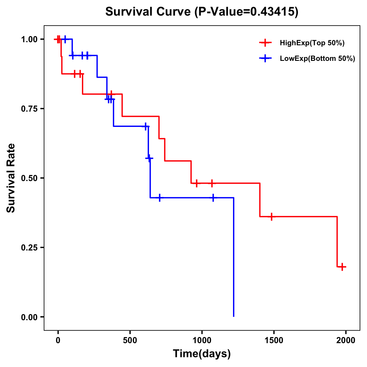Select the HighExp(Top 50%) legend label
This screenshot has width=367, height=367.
click(312, 43)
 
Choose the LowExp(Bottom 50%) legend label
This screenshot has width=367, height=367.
click(317, 59)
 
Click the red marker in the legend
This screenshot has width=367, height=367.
click(265, 43)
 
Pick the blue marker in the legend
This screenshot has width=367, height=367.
click(265, 58)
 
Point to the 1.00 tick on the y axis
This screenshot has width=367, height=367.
click(29, 39)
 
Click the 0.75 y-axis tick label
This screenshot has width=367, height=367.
click(29, 109)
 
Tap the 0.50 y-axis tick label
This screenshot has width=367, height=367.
click(29, 178)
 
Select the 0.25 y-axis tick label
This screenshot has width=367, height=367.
click(29, 248)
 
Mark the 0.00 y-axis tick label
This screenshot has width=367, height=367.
click(29, 317)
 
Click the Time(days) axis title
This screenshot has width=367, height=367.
click(202, 354)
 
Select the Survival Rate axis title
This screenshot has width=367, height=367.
click(11, 178)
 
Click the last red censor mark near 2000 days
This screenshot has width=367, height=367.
click(342, 267)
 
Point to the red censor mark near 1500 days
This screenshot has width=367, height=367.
click(271, 217)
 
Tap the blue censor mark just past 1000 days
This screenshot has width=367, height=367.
click(213, 198)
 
